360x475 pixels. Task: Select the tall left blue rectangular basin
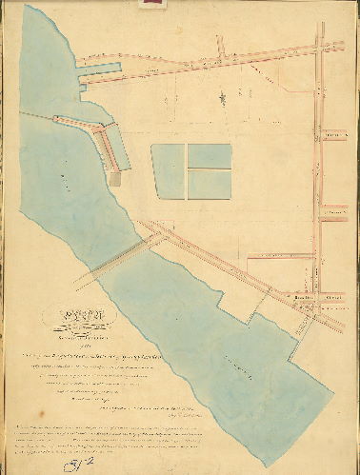click(169, 171)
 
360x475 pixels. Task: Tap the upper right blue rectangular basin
click(210, 155)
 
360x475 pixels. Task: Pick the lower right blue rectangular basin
click(210, 183)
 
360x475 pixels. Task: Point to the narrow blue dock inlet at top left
click(99, 69)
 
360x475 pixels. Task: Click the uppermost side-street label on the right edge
click(333, 136)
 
